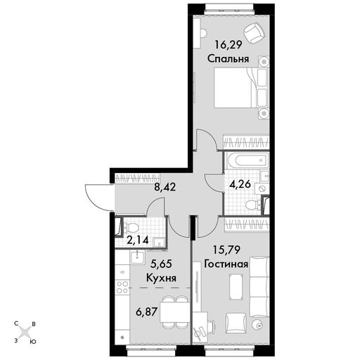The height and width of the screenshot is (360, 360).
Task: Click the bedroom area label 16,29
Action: point(229,44)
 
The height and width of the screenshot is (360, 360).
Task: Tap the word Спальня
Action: point(228,59)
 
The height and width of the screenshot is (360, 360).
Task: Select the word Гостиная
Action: point(226,264)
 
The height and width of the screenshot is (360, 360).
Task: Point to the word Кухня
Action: point(161,278)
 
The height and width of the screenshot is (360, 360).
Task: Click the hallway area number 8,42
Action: point(165,187)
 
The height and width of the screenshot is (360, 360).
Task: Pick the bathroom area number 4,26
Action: point(240,184)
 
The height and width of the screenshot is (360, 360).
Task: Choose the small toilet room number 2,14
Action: point(138,240)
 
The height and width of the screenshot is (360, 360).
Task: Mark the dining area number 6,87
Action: point(147,312)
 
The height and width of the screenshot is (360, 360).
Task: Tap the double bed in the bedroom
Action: point(241,88)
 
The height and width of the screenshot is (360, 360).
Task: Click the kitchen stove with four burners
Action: point(123,287)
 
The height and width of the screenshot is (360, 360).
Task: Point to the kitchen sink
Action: point(137,257)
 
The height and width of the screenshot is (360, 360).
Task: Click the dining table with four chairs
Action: point(175,313)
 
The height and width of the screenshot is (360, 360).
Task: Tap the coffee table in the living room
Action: point(236,286)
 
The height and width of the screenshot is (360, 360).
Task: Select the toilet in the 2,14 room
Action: point(131,227)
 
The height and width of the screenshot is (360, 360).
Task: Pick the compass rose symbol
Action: point(25,333)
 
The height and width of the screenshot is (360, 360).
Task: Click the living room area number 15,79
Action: point(226,250)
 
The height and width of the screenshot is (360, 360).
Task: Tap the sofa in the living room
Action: point(259,288)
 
